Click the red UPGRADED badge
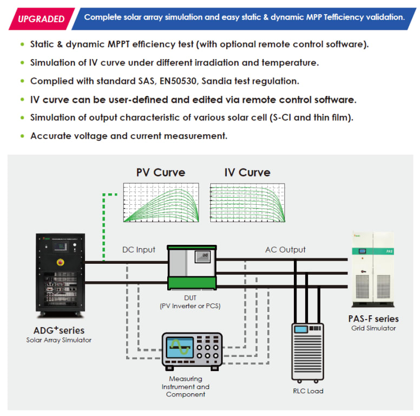pos(42,19)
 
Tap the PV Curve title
pos(161,172)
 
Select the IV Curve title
pos(247,172)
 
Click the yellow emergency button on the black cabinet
pos(61,262)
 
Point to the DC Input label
pos(139,250)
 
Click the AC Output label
pos(285,250)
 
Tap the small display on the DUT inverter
pos(202,257)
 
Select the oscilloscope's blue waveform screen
pos(180,348)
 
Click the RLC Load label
pos(308,391)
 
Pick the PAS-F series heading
pos(373,318)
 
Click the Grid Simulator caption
pos(373,328)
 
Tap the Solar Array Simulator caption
pos(59,340)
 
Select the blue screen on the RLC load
pos(301,329)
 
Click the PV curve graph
pos(161,203)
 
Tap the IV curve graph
pos(247,203)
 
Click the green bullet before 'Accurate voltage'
pos(23,136)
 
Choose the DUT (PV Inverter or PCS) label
pos(190,302)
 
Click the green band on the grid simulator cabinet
pos(373,251)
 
